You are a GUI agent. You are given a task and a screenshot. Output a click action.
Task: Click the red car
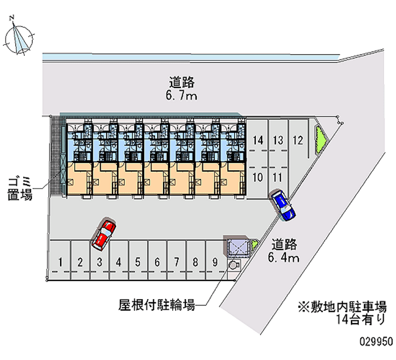click(104, 234)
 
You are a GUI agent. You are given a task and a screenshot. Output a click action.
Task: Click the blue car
click(283, 206)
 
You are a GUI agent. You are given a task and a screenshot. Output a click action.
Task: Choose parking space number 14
click(257, 140)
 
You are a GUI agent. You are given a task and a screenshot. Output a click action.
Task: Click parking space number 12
click(297, 140)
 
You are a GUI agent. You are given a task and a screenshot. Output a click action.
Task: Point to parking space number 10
click(257, 177)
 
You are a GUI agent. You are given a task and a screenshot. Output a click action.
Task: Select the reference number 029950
click(376, 342)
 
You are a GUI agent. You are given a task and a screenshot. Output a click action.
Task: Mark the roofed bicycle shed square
click(238, 247)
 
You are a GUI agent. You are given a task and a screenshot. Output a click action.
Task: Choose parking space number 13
click(278, 140)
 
